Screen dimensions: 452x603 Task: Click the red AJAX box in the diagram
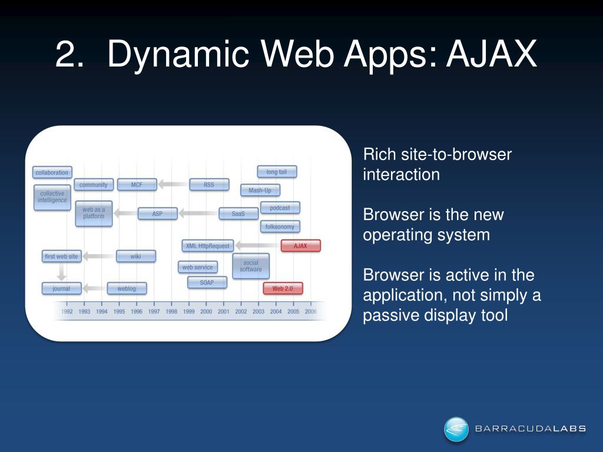coord(300,246)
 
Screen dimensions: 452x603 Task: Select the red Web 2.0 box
coord(283,288)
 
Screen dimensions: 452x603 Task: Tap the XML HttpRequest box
coord(207,245)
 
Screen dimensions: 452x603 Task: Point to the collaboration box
coord(52,172)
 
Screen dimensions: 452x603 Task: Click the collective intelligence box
coord(53,197)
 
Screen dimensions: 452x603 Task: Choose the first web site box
coord(61,257)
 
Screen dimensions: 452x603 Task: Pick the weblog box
coord(127,288)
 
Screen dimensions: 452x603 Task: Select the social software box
coord(251,266)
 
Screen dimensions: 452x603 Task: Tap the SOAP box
coord(207,282)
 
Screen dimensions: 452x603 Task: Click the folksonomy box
coord(280,227)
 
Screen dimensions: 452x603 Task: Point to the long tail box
coord(277,172)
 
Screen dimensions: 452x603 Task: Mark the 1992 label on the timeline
coord(67,311)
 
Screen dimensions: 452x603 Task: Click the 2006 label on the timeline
coord(310,311)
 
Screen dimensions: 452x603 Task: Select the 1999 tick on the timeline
coord(188,311)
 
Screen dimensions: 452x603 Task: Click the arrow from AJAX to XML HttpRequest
coord(257,245)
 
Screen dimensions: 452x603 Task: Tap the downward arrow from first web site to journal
coord(61,271)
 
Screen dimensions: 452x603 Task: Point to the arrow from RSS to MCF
coord(173,185)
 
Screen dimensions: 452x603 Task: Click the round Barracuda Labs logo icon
coord(456,429)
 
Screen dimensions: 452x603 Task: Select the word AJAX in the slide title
coord(492,55)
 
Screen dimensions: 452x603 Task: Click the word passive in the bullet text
coord(389,315)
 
